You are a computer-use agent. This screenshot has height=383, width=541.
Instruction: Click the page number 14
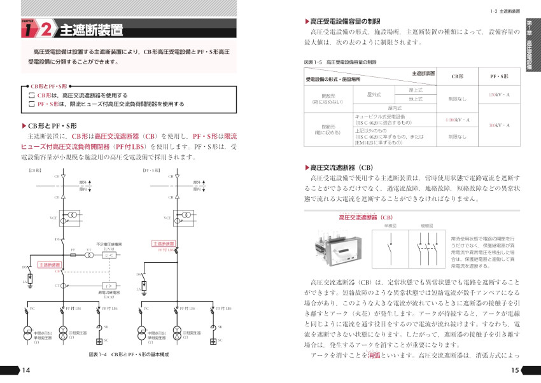(25, 371)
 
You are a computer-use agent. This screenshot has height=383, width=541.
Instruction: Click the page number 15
(516, 371)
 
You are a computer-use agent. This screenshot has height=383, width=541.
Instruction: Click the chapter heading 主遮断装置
(91, 31)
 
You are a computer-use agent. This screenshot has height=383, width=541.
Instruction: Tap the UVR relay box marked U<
(107, 255)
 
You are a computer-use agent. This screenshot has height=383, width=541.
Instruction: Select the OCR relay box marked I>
(107, 286)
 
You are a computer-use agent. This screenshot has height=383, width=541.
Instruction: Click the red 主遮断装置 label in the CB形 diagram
(50, 265)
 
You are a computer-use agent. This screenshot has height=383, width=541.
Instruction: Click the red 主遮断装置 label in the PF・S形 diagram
(164, 243)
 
